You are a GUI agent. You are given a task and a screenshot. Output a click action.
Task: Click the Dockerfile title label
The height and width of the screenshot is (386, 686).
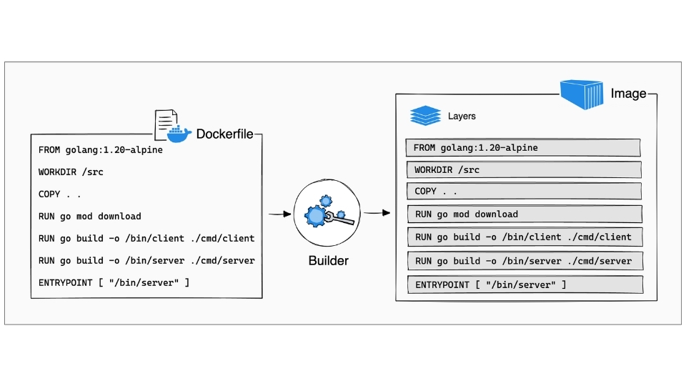point(224,134)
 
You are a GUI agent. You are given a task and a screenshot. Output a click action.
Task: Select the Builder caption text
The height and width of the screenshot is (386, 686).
point(328,261)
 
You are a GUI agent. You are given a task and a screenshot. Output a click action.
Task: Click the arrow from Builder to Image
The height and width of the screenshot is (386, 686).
point(376,213)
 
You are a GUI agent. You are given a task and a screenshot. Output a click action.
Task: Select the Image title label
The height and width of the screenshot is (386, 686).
point(628,94)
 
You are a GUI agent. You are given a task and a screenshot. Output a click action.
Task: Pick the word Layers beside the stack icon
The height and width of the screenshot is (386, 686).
point(462,116)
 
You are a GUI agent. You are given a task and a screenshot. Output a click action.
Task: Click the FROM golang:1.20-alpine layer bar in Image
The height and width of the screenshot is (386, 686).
point(522,148)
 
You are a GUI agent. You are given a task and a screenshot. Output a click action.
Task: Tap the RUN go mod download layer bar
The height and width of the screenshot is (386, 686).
point(525,214)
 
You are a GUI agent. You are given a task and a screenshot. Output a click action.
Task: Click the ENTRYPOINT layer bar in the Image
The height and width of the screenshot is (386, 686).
point(525,285)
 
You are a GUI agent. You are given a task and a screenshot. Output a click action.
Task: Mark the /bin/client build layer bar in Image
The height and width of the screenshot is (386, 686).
point(525,237)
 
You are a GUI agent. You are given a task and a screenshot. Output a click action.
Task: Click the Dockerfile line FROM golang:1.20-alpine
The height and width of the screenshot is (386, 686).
point(101,150)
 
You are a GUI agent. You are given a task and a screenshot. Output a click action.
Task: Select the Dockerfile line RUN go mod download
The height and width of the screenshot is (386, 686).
point(90,216)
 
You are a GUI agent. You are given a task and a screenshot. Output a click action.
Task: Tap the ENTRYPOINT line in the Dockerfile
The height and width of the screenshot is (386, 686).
point(114,283)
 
